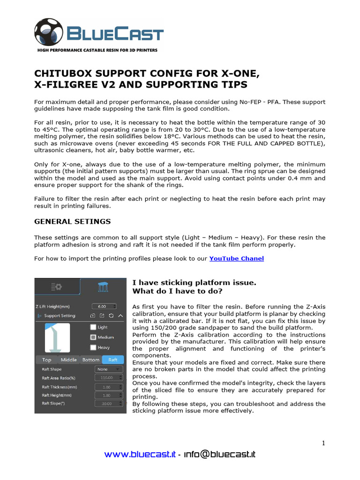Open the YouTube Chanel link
point(236,258)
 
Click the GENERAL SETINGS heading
point(72,221)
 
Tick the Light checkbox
point(93,327)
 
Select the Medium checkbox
point(93,337)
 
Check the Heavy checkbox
point(93,347)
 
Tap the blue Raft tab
point(113,360)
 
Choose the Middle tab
point(68,360)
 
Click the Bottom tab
point(90,360)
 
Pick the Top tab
point(46,360)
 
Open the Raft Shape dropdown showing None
point(109,369)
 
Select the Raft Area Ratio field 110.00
point(109,377)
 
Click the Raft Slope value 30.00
point(109,403)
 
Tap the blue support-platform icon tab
point(103,287)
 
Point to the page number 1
point(323,443)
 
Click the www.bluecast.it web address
point(140,454)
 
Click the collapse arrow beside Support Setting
point(120,316)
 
